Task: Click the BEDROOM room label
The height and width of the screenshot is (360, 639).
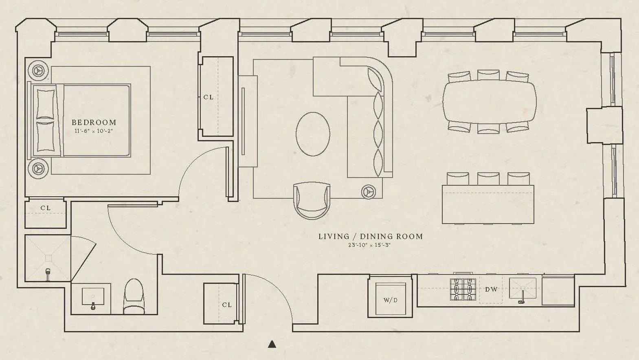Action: tap(94, 122)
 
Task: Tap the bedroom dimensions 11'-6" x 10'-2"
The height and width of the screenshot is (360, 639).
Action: tap(94, 131)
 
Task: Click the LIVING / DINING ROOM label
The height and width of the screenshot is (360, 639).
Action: tap(370, 236)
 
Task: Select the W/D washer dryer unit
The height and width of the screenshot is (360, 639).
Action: tap(391, 300)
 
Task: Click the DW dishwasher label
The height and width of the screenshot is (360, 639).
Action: tap(491, 290)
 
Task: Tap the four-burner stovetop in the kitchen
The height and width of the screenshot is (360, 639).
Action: tap(463, 289)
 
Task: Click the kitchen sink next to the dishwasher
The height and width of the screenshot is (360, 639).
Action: tap(523, 290)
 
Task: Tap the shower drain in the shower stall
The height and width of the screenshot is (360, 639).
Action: tap(48, 258)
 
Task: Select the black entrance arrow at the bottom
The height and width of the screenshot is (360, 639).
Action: tap(272, 345)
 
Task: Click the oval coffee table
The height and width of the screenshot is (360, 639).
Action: tap(313, 134)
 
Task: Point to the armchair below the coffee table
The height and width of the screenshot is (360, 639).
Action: tap(312, 200)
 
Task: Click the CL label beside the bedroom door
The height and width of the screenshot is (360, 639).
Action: tap(208, 97)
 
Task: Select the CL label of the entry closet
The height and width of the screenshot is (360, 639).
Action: tap(227, 305)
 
